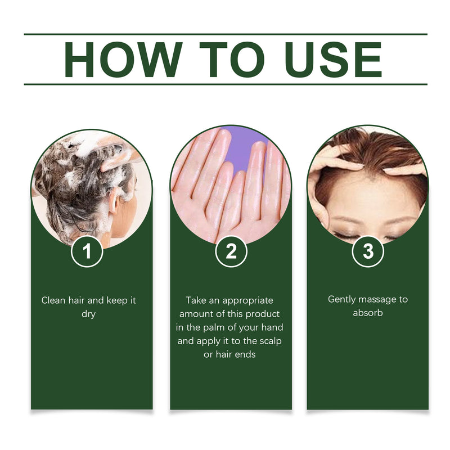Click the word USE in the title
[x=332, y=59]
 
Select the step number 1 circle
[x=87, y=251]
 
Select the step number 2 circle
[x=231, y=251]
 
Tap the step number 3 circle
[x=368, y=251]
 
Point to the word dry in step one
[x=88, y=314]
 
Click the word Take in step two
[x=196, y=300]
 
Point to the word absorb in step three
[x=368, y=313]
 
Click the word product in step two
[x=264, y=314]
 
